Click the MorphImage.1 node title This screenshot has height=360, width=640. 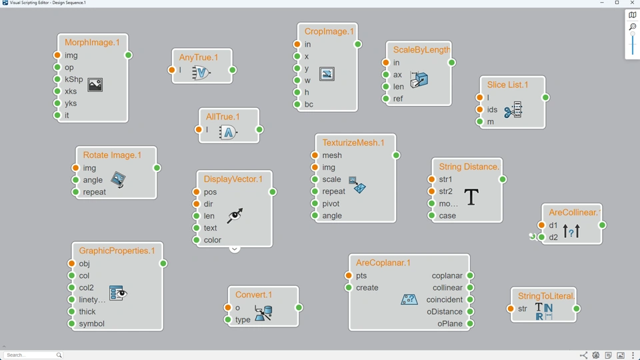tap(93, 43)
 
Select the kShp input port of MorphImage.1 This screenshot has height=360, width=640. tap(57, 79)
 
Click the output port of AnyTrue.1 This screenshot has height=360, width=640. tap(233, 70)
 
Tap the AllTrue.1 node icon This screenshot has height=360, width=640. tap(228, 132)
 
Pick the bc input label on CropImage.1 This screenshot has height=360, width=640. tap(309, 105)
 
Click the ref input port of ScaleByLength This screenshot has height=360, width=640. tap(386, 99)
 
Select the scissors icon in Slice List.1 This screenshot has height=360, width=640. tap(513, 111)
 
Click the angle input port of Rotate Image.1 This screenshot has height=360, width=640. tap(75, 180)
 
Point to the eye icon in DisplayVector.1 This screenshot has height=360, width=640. tap(235, 215)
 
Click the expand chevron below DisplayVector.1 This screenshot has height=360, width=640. tap(235, 249)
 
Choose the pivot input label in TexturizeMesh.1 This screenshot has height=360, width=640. tap(331, 204)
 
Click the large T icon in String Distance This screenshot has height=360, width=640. tap(471, 197)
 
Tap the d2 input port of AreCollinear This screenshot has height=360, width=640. tap(542, 237)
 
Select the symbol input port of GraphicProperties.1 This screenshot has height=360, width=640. tap(71, 324)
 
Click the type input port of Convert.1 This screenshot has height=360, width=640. tap(228, 320)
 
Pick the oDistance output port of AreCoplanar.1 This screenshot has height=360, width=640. tap(470, 312)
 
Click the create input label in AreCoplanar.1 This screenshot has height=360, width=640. tap(367, 288)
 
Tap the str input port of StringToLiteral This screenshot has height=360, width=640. tap(511, 309)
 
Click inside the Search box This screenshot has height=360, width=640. tap(30, 355)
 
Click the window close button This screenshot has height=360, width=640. tap(632, 3)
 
